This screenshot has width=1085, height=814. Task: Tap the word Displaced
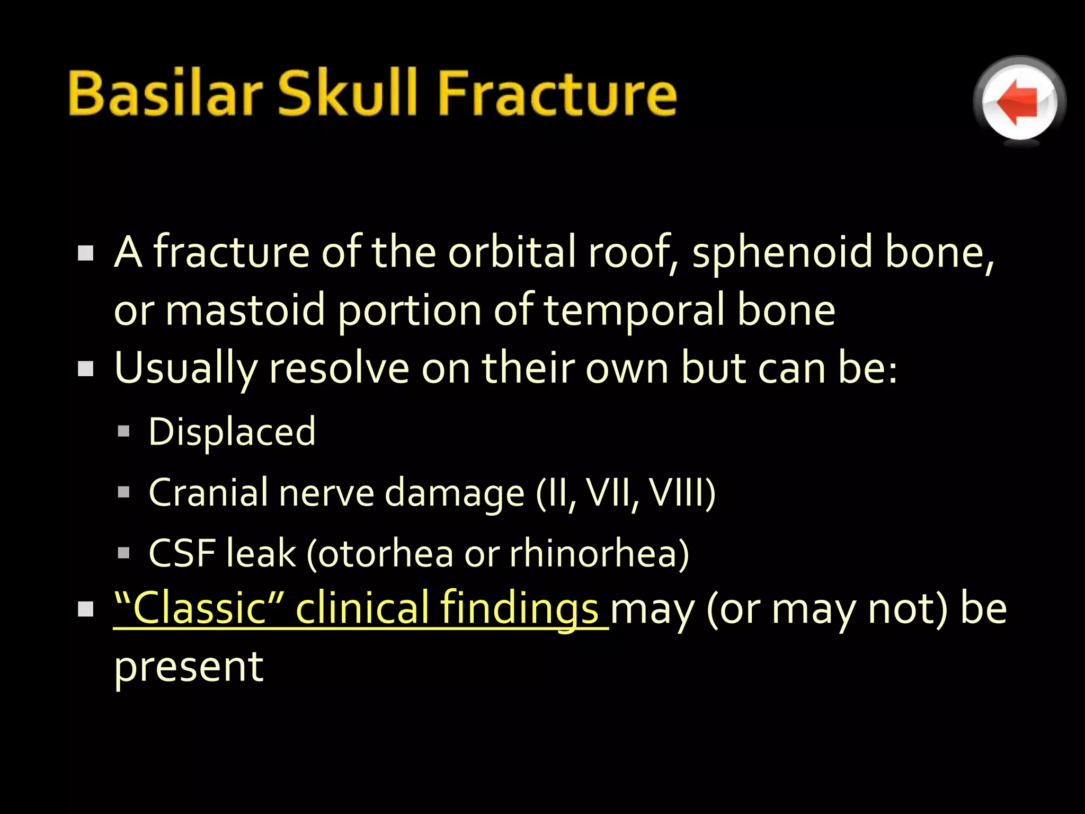click(x=232, y=432)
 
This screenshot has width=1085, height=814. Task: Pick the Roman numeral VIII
click(x=678, y=493)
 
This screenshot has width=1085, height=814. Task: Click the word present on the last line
click(x=189, y=667)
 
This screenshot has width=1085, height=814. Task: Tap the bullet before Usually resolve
click(x=85, y=369)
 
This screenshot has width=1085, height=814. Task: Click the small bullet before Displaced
click(x=123, y=431)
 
